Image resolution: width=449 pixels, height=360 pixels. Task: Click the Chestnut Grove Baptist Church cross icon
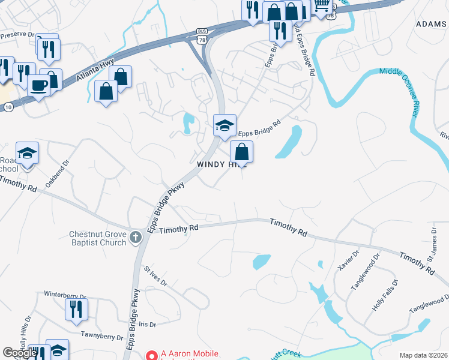[x=136, y=236]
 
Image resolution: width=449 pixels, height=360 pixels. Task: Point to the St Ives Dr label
[x=155, y=275]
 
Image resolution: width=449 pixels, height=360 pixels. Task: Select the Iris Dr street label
[x=147, y=324]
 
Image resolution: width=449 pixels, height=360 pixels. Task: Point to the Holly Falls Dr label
[x=386, y=294]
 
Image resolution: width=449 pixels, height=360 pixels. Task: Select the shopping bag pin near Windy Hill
[x=241, y=151]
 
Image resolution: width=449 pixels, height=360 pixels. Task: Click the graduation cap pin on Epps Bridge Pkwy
[x=225, y=125]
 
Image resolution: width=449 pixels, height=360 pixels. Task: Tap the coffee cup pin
[x=39, y=85]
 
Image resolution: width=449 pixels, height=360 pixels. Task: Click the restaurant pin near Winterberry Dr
[x=76, y=308]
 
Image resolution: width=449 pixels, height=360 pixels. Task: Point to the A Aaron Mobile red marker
[x=151, y=355]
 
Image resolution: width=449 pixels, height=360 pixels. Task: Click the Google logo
[x=20, y=353]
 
